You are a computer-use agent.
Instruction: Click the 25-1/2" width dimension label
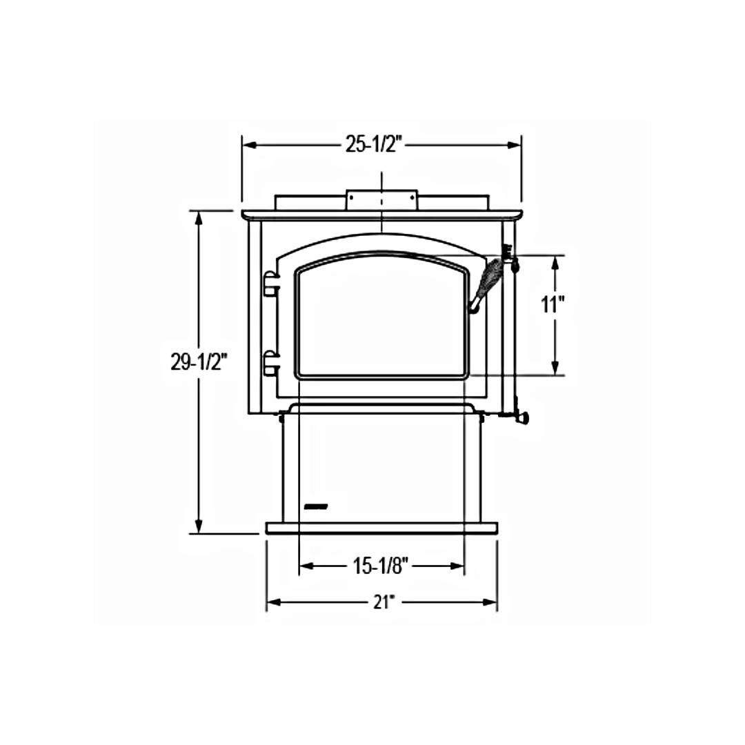coord(374,144)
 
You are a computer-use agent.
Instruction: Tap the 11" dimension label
coord(552,304)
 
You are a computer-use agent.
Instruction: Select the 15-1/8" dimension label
coord(381,566)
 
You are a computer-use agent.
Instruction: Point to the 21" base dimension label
coord(384,602)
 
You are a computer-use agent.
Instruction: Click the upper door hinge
coord(271,284)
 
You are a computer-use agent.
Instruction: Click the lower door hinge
coord(271,363)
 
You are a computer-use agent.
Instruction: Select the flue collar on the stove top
coord(382,200)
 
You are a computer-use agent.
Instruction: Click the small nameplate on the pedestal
coord(316,506)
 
